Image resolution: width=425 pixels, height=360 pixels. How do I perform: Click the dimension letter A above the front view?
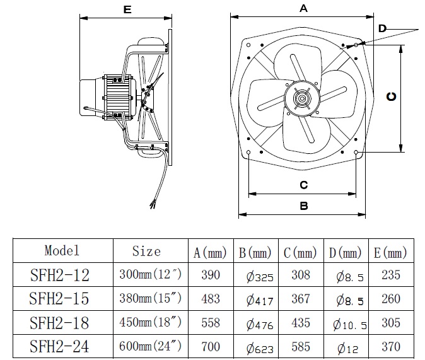303,8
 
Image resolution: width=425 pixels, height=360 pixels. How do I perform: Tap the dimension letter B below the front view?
303,206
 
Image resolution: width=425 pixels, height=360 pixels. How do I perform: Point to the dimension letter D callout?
382,28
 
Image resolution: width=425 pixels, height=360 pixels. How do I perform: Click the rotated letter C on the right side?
391,96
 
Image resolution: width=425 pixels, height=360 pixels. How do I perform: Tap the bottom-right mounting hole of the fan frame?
357,153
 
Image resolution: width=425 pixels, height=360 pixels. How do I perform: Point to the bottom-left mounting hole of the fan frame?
250,153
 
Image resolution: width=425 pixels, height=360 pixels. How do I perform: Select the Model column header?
62,250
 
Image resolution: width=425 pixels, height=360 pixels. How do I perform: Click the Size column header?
146,251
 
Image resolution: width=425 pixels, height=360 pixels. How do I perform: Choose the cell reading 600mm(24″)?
150,346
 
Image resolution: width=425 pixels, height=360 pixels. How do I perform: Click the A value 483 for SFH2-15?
210,299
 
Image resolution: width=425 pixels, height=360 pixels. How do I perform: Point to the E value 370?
391,346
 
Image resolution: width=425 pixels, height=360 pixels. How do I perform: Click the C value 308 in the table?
301,275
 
